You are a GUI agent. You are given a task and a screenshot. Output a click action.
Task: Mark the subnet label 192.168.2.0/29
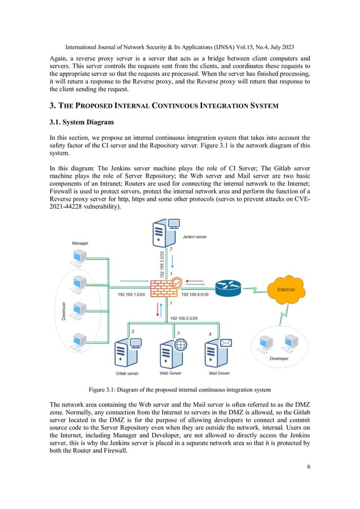pyautogui.click(x=185, y=318)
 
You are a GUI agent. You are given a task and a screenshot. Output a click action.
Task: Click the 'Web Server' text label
pyautogui.click(x=171, y=373)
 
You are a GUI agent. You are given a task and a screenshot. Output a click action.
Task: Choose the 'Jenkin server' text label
pyautogui.click(x=194, y=238)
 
